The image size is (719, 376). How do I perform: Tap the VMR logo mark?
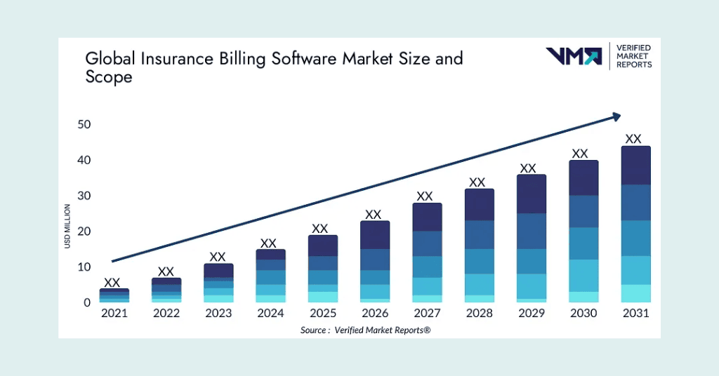pyautogui.click(x=574, y=56)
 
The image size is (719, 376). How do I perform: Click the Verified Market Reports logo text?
pyautogui.click(x=633, y=56)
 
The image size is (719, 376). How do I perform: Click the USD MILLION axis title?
pyautogui.click(x=67, y=226)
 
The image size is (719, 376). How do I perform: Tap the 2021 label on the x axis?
pyautogui.click(x=114, y=314)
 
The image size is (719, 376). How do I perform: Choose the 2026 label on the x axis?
pyautogui.click(x=374, y=314)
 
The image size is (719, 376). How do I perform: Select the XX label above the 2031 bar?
pyautogui.click(x=633, y=139)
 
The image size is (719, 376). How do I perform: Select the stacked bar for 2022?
pyautogui.click(x=166, y=290)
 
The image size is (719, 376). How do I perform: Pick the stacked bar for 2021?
pyautogui.click(x=114, y=295)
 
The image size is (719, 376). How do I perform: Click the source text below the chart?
pyautogui.click(x=365, y=330)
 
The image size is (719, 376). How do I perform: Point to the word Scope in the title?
pyautogui.click(x=109, y=77)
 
